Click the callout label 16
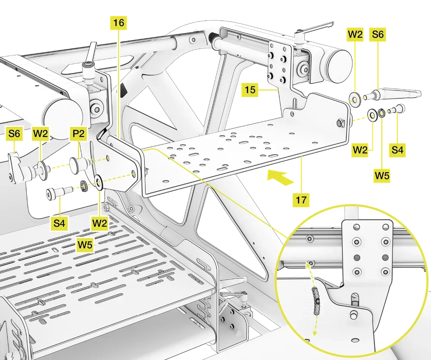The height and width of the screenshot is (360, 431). tap(119, 23)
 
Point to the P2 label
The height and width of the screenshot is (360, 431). tap(78, 134)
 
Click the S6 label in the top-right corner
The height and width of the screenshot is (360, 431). tap(378, 35)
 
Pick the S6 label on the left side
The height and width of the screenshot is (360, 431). tap(14, 134)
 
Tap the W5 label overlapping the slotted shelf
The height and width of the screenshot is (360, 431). tap(86, 245)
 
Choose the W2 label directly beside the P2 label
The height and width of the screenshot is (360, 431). tap(40, 134)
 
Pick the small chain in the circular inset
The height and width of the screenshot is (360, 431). tap(318, 299)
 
